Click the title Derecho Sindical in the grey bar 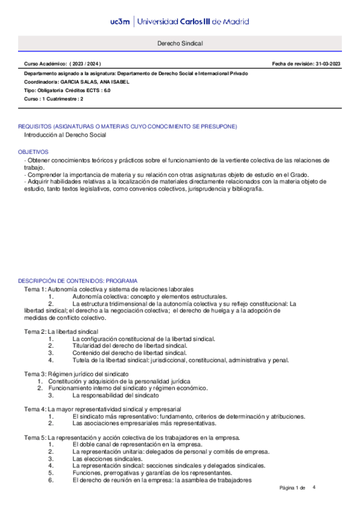pyautogui.click(x=180, y=44)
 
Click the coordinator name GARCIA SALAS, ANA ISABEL pyautogui.click(x=94, y=81)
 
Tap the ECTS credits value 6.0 pyautogui.click(x=106, y=90)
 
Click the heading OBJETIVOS pyautogui.click(x=33, y=152)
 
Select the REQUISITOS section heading pyautogui.click(x=127, y=126)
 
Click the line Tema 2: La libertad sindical pyautogui.click(x=66, y=332)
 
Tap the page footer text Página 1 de pyautogui.click(x=293, y=488)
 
